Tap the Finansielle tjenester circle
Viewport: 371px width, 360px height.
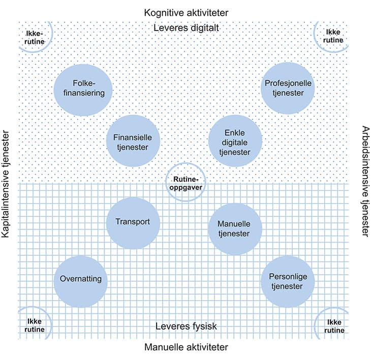pyautogui.click(x=133, y=142)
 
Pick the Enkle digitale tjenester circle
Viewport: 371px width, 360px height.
pyautogui.click(x=235, y=142)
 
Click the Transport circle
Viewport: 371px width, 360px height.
pyautogui.click(x=133, y=222)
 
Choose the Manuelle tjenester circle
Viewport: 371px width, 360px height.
pyautogui.click(x=235, y=228)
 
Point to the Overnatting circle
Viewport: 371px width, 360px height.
pyautogui.click(x=80, y=280)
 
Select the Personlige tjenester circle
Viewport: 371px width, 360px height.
pyautogui.click(x=288, y=281)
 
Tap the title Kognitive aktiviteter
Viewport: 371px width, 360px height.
pyautogui.click(x=185, y=12)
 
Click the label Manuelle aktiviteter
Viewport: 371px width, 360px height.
pyautogui.click(x=186, y=347)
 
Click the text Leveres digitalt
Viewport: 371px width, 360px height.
pyautogui.click(x=185, y=28)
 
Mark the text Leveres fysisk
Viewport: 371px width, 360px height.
pyautogui.click(x=185, y=326)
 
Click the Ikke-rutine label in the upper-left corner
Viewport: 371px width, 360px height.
pyautogui.click(x=34, y=37)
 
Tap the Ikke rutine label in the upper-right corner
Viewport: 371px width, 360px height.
pyautogui.click(x=334, y=37)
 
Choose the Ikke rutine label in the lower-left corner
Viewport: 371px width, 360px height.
pyautogui.click(x=34, y=325)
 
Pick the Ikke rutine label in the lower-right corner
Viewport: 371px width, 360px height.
pyautogui.click(x=334, y=325)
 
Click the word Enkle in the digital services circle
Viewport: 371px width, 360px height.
pyautogui.click(x=235, y=133)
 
